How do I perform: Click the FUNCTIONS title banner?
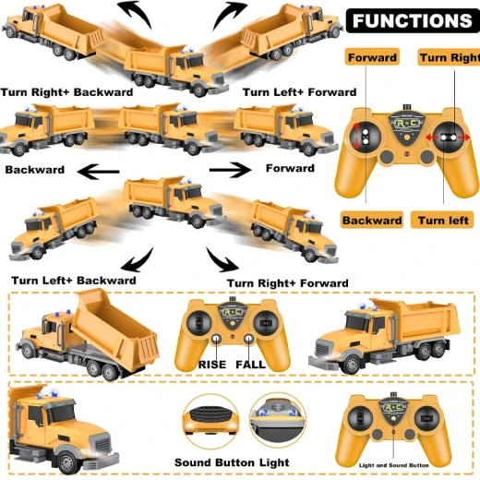pyautogui.click(x=413, y=20)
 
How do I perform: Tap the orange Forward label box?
pyautogui.click(x=372, y=57)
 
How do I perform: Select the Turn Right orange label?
pyautogui.click(x=450, y=57)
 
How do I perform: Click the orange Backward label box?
pyautogui.click(x=372, y=220)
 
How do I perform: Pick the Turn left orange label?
pyautogui.click(x=442, y=220)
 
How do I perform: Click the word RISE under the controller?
pyautogui.click(x=212, y=365)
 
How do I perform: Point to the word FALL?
pyautogui.click(x=250, y=365)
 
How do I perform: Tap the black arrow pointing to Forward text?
pyautogui.click(x=230, y=170)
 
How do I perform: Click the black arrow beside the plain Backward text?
pyautogui.click(x=99, y=172)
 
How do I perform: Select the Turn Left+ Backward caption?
pyautogui.click(x=74, y=281)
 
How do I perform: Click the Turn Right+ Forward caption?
pyautogui.click(x=288, y=283)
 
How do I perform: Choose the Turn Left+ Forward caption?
pyautogui.click(x=300, y=92)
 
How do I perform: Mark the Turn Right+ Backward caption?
pyautogui.click(x=66, y=92)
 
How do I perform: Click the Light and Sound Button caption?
pyautogui.click(x=394, y=465)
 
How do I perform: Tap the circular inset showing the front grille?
pyautogui.click(x=210, y=421)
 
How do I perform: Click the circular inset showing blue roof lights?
pyautogui.click(x=278, y=420)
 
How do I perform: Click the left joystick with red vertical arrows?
pyautogui.click(x=366, y=137)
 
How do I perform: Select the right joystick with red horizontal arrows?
pyautogui.click(x=449, y=138)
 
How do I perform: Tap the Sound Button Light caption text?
pyautogui.click(x=232, y=462)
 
